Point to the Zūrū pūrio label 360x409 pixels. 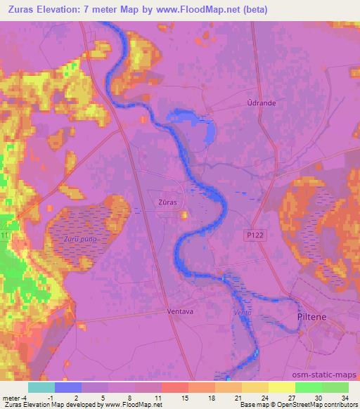[80, 240]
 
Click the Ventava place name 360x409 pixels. [181, 311]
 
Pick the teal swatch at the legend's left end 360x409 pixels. [41, 387]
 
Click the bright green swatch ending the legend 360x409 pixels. [335, 387]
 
